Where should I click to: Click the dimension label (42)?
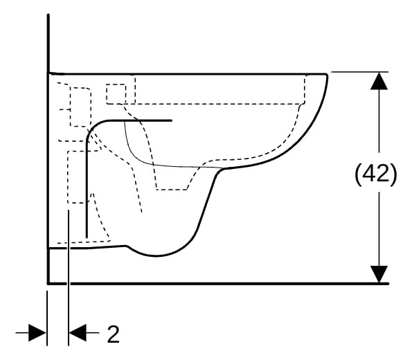point(376,174)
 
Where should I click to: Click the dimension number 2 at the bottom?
point(114,334)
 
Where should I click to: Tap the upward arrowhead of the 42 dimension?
point(379,81)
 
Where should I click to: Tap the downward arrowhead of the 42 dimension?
point(379,274)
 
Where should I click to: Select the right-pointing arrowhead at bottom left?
point(37,333)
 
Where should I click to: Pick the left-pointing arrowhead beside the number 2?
point(78,333)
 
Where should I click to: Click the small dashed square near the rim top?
point(116,94)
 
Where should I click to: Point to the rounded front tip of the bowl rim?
point(327,76)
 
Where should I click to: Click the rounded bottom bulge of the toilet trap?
point(156,255)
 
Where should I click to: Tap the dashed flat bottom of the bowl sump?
point(172,190)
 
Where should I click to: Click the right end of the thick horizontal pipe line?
point(171,120)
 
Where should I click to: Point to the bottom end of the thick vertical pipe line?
point(87,237)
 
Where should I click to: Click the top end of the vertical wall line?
point(48,15)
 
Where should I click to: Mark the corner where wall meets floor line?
point(48,284)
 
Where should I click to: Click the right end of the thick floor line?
point(387,284)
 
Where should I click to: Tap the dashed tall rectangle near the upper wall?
point(80,107)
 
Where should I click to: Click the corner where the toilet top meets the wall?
point(49,73)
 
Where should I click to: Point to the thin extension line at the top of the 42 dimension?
point(359,72)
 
